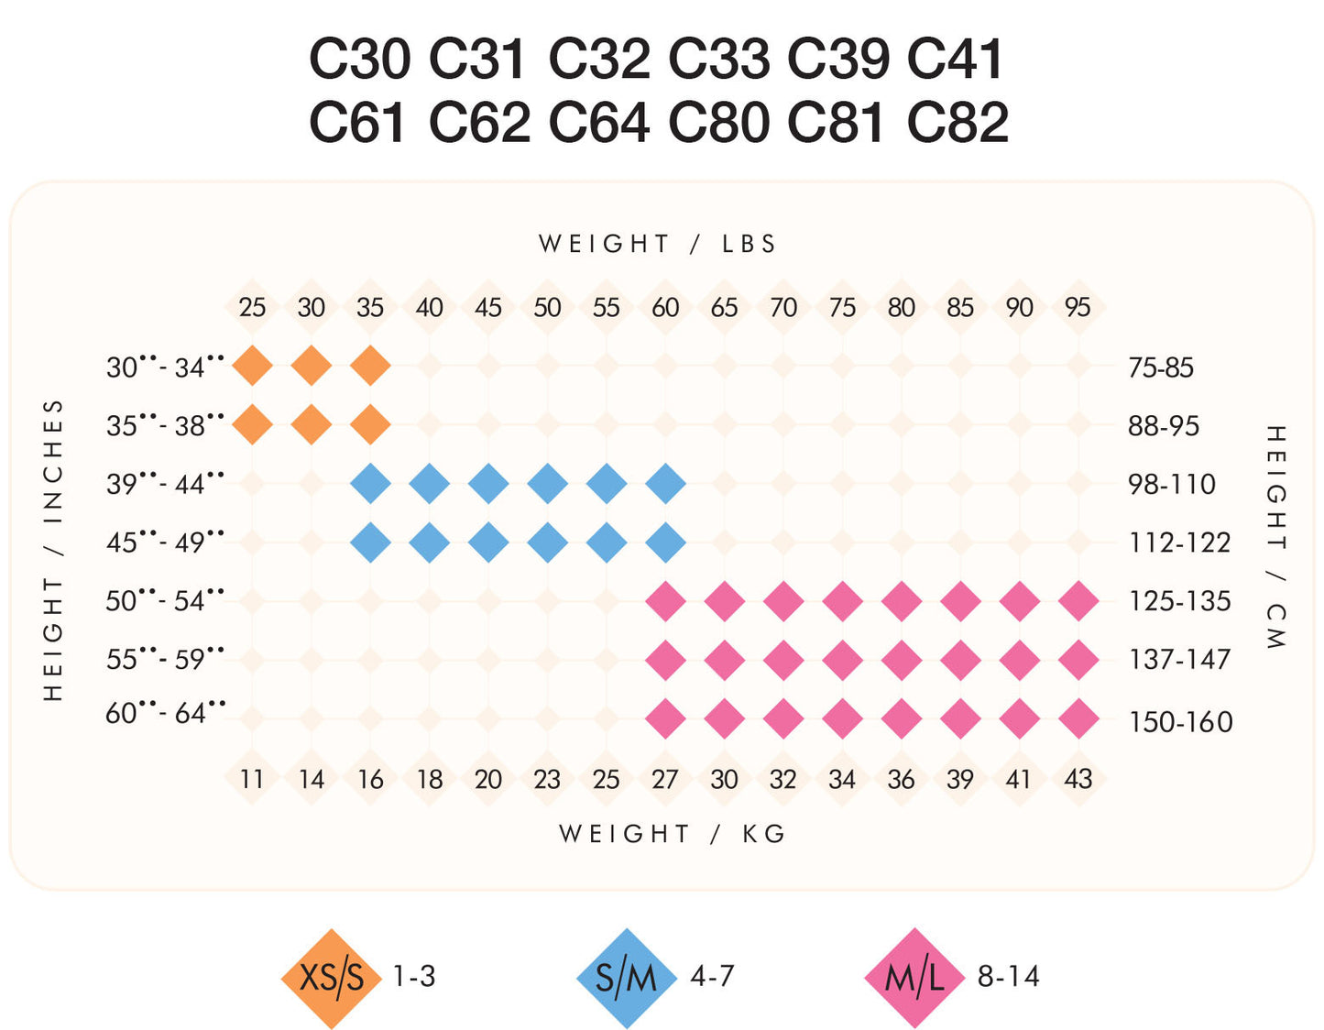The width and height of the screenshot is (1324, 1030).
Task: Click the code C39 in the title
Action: pyautogui.click(x=837, y=59)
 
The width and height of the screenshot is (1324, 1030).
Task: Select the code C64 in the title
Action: pyautogui.click(x=599, y=123)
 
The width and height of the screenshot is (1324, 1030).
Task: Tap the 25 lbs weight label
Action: pyautogui.click(x=252, y=307)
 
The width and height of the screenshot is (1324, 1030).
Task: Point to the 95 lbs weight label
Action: pyautogui.click(x=1078, y=307)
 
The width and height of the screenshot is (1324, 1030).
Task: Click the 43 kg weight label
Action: pyautogui.click(x=1078, y=779)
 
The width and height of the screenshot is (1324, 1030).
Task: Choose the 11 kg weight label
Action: pyautogui.click(x=252, y=779)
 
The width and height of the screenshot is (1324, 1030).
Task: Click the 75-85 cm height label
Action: pyautogui.click(x=1161, y=367)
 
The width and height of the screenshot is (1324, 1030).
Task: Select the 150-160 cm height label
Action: pyautogui.click(x=1180, y=722)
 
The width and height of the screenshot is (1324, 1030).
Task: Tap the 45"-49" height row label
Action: pyautogui.click(x=165, y=542)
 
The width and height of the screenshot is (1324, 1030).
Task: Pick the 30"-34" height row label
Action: pyautogui.click(x=165, y=367)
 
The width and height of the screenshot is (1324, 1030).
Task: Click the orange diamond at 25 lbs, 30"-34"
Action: pyautogui.click(x=252, y=367)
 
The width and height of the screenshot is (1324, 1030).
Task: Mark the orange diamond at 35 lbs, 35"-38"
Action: pyautogui.click(x=370, y=425)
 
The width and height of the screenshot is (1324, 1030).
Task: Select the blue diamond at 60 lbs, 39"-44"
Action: pyautogui.click(x=665, y=484)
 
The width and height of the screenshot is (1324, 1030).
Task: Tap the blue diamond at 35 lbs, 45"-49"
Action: pyautogui.click(x=370, y=542)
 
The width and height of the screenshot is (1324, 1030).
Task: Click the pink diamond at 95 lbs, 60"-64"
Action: pyautogui.click(x=1078, y=718)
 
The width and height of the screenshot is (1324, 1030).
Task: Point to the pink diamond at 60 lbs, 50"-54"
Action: pyautogui.click(x=665, y=602)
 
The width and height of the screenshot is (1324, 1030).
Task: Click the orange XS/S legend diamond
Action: pyautogui.click(x=331, y=978)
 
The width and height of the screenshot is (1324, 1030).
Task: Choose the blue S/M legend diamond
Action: pyautogui.click(x=627, y=978)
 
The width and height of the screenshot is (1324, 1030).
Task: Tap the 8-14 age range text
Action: pyautogui.click(x=1008, y=977)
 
